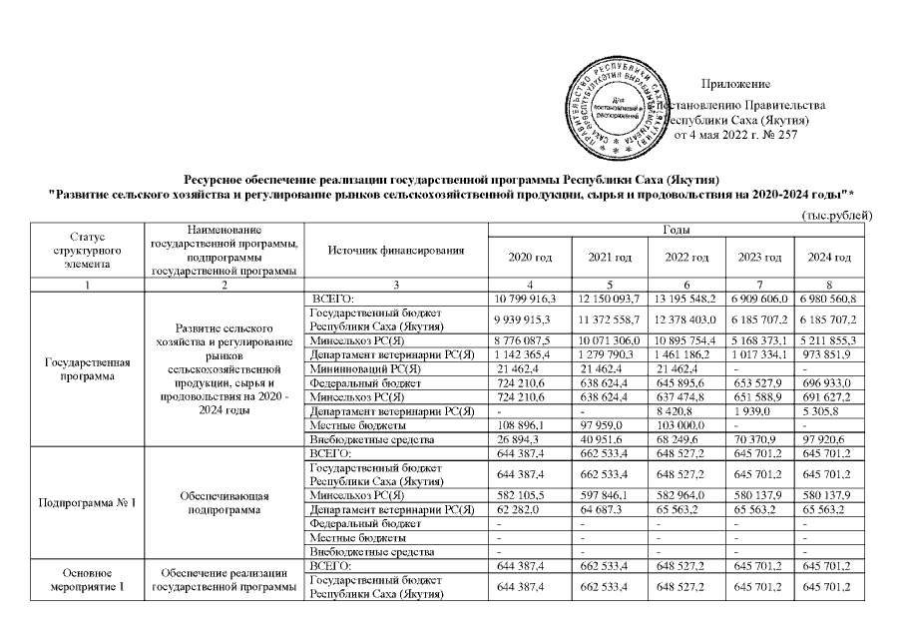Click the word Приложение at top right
click(736, 81)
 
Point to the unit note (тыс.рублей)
click(837, 216)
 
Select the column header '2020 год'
click(530, 258)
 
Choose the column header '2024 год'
click(829, 258)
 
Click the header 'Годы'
click(679, 231)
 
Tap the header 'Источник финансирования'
click(393, 249)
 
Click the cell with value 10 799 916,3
click(530, 300)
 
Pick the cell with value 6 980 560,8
click(829, 300)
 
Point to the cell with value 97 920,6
click(829, 437)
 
